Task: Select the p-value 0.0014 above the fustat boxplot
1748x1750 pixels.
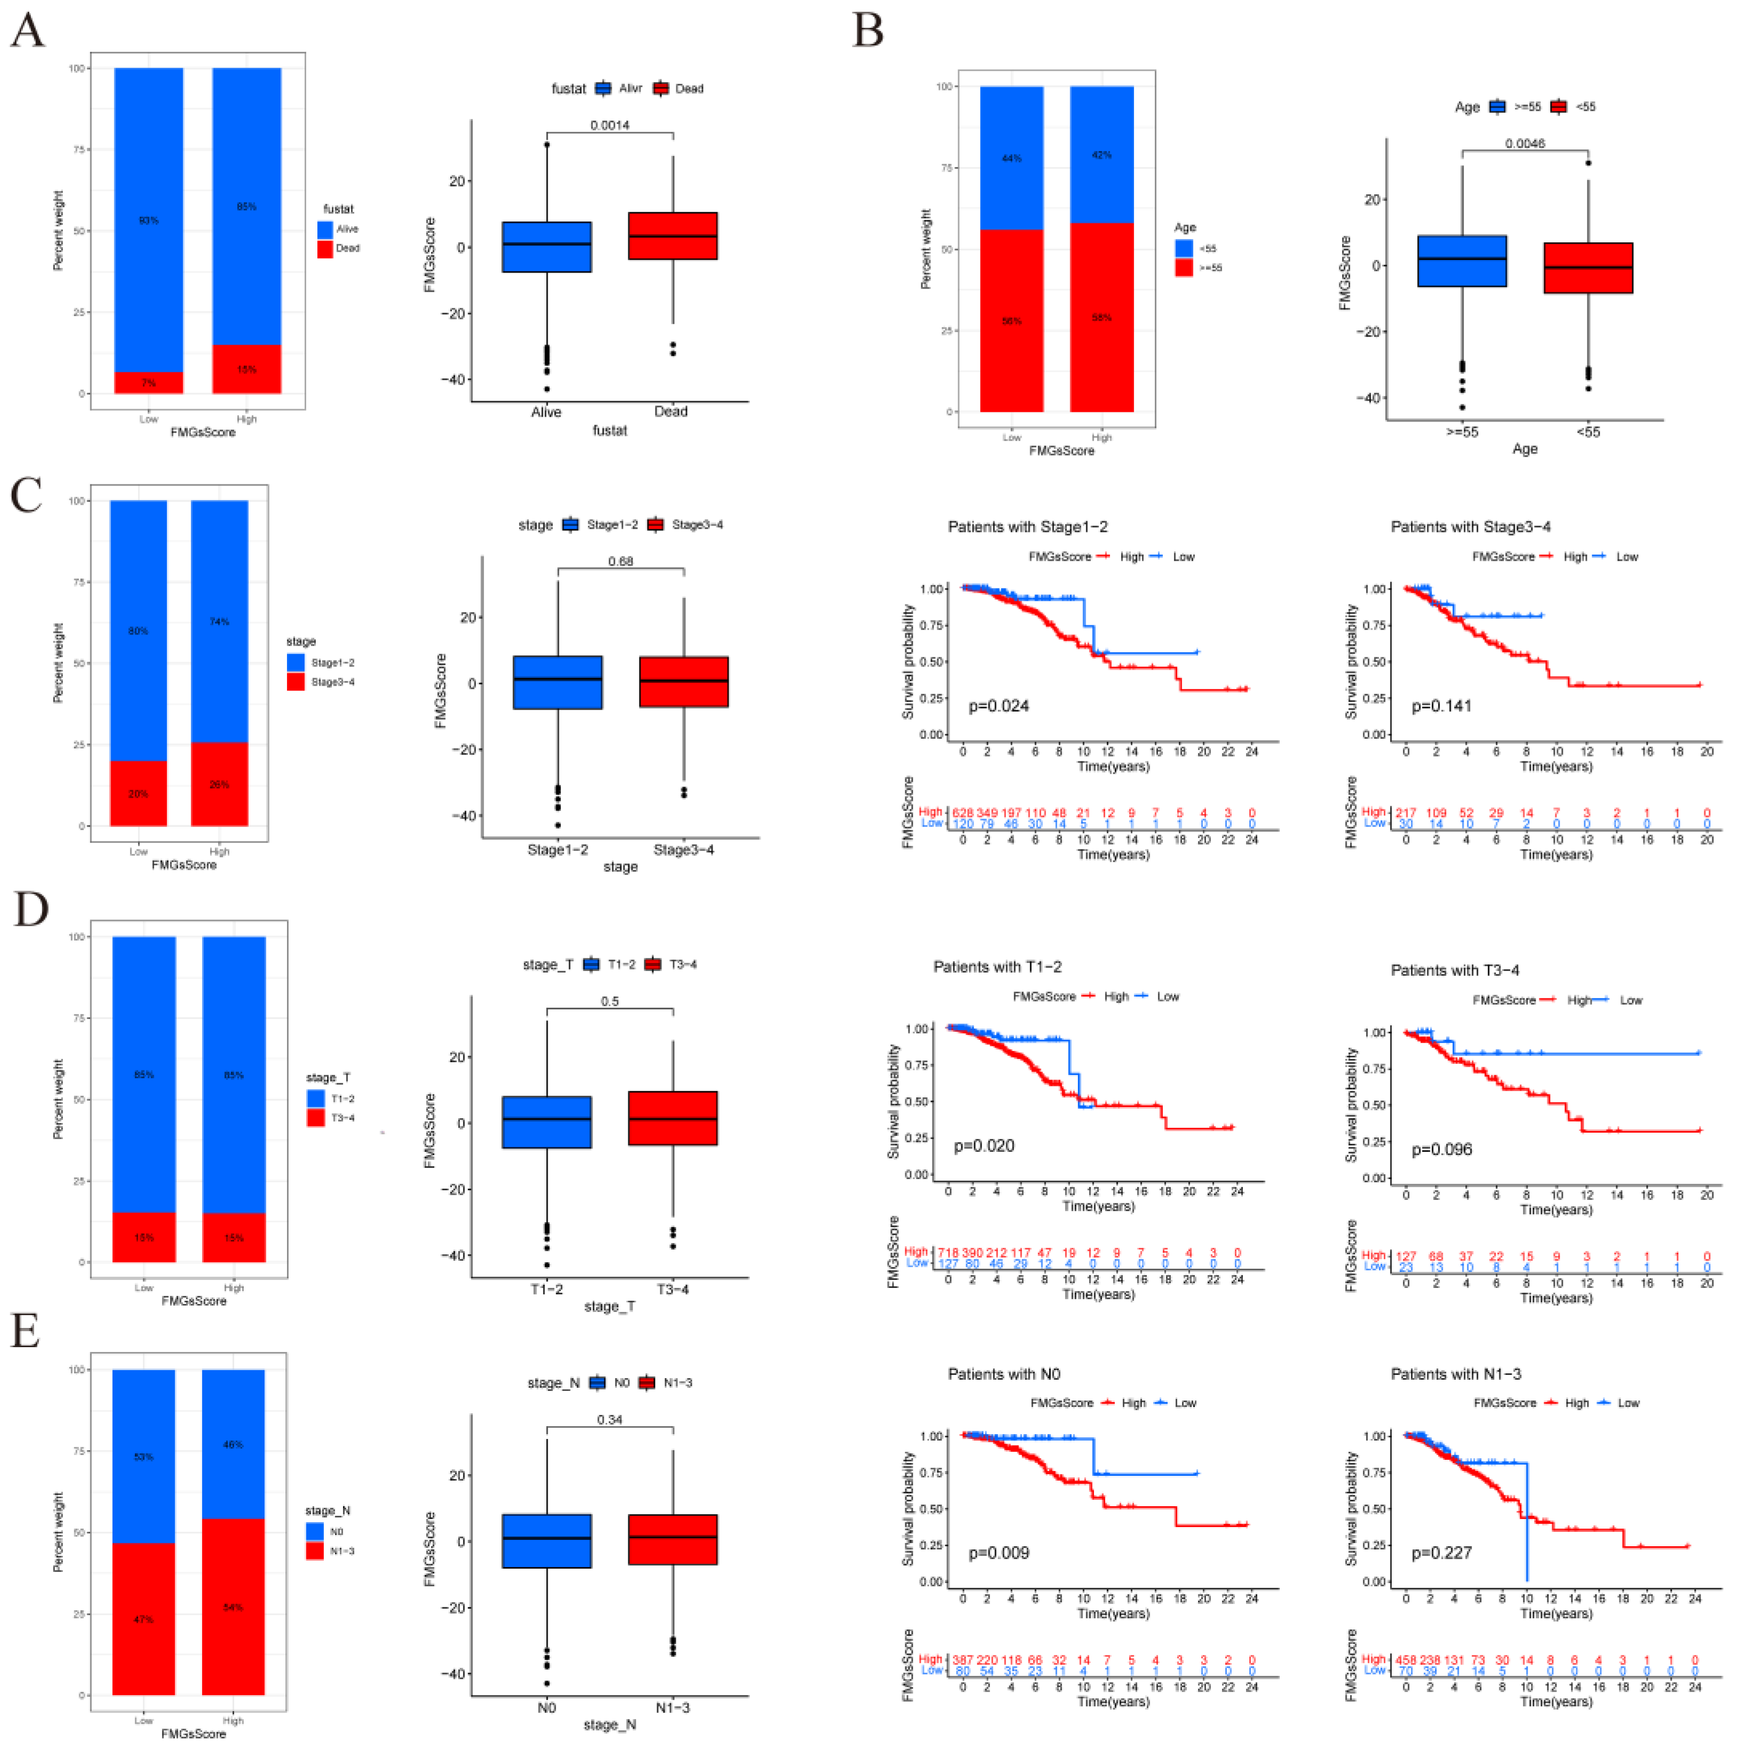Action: (610, 125)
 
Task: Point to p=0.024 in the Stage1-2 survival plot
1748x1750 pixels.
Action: (998, 706)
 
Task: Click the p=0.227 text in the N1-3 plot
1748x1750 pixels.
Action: (1441, 1553)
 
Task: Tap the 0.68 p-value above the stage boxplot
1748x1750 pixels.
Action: (620, 562)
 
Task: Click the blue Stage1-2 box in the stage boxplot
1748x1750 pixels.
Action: (557, 682)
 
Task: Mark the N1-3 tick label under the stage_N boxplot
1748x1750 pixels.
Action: (672, 1707)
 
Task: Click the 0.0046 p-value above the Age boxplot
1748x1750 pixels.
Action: (1524, 143)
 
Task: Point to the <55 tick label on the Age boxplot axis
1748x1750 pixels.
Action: (1587, 432)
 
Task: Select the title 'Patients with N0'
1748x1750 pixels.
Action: (1003, 1374)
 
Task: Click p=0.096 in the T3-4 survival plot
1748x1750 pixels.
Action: (1441, 1149)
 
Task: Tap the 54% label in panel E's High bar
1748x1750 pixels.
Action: (233, 1608)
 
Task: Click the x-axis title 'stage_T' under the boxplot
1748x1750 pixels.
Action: (609, 1306)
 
